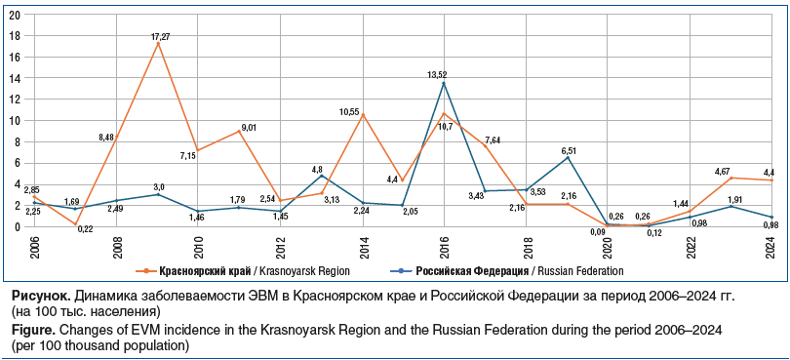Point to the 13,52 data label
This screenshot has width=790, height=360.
click(437, 75)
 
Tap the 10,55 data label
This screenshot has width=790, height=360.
click(350, 111)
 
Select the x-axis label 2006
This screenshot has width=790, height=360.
click(34, 246)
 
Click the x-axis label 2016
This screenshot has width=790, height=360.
click(444, 246)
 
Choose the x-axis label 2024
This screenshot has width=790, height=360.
click(770, 246)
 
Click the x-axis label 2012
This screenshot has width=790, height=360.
click(280, 246)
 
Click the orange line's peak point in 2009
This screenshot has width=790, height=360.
click(158, 44)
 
